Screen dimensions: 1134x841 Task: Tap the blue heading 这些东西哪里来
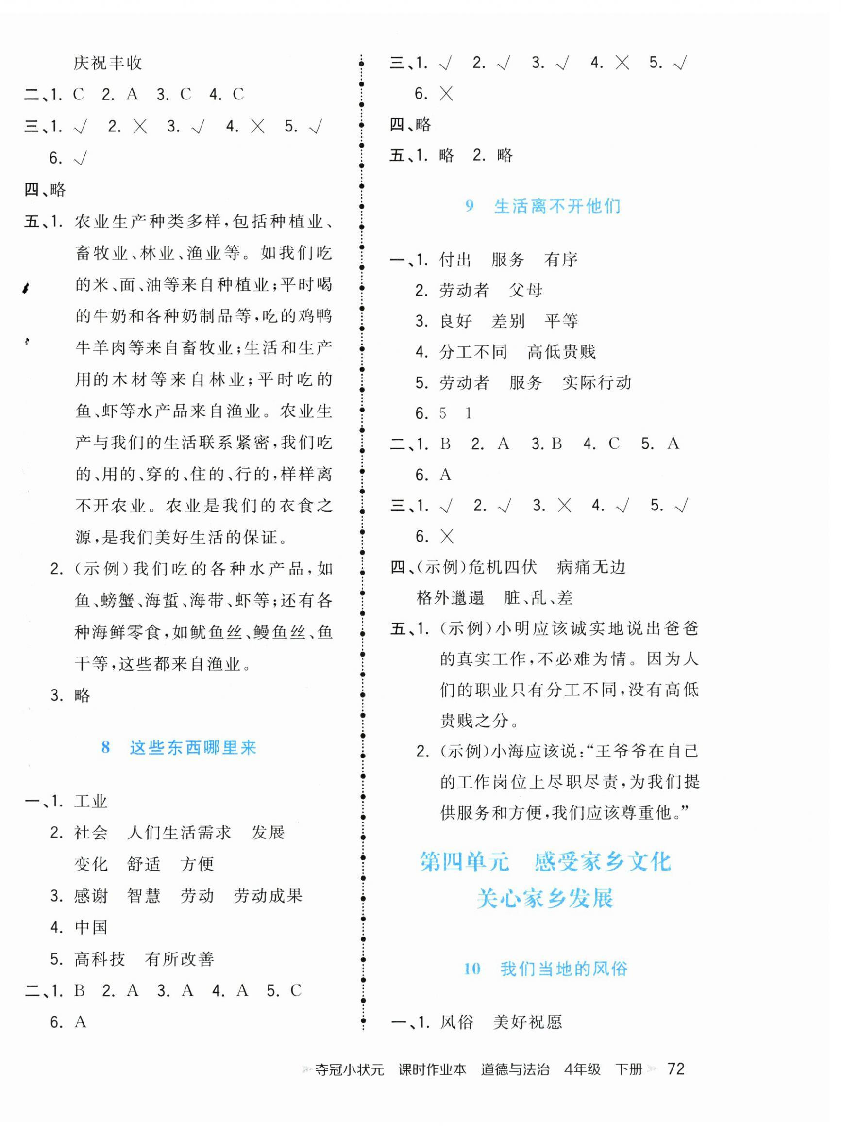193,747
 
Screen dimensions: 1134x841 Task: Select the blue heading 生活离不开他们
557,206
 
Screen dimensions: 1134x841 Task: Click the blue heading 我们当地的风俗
564,968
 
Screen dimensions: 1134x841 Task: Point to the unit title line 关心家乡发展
545,898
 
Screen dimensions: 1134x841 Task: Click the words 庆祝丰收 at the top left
108,63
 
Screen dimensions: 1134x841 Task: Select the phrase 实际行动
597,382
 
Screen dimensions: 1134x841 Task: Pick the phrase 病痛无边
591,567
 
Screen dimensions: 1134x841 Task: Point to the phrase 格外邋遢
450,597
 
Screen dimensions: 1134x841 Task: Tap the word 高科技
100,959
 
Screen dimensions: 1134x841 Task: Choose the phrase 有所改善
179,959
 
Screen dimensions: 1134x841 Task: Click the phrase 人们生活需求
179,832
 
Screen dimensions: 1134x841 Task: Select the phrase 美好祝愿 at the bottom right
527,1021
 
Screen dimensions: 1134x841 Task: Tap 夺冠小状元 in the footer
349,1069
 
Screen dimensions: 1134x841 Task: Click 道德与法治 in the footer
515,1069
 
